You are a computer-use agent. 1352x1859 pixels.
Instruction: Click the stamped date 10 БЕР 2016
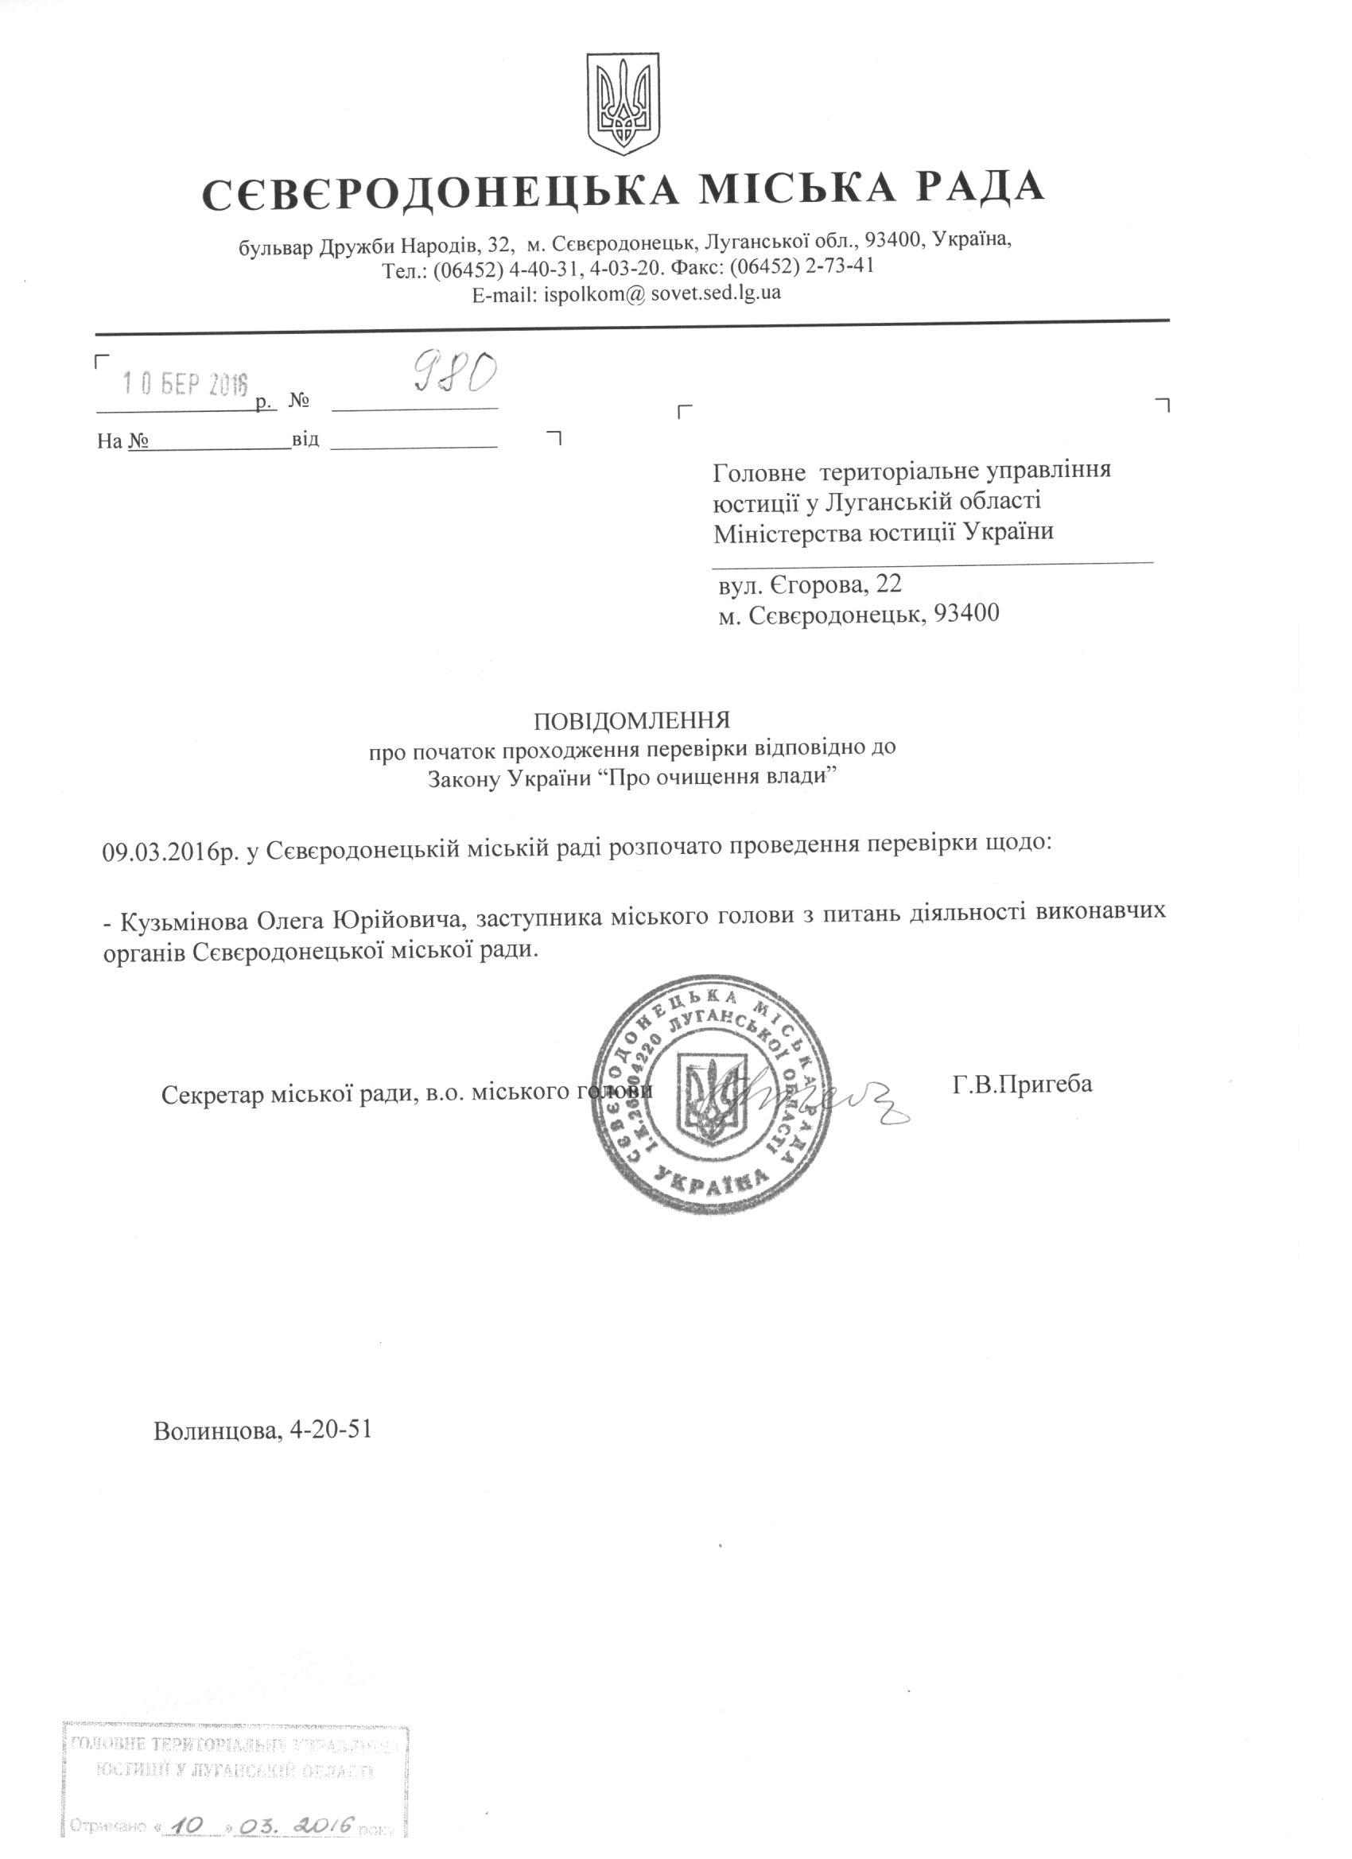click(185, 382)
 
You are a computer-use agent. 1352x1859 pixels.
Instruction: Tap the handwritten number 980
click(453, 375)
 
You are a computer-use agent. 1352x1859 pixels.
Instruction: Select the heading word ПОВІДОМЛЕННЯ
click(631, 720)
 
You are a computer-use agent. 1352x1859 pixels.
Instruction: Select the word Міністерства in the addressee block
click(786, 533)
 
